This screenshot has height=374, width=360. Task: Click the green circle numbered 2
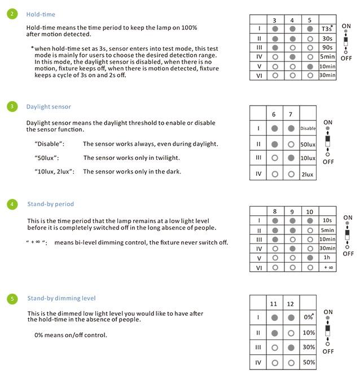pos(12,14)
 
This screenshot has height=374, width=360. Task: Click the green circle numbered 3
pos(12,106)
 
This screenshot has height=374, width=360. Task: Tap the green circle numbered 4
pos(12,204)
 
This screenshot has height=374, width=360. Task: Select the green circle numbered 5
pos(12,298)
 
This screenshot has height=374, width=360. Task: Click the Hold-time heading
pos(41,14)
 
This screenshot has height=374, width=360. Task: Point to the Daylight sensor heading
pos(49,106)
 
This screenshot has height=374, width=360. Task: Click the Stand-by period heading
pos(50,204)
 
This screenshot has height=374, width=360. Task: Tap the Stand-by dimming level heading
pos(62,298)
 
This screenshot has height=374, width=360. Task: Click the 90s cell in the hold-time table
pos(327,47)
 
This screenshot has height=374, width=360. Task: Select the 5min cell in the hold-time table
pos(327,56)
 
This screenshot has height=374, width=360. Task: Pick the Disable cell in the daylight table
pos(308,128)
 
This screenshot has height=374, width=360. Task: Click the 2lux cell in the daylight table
pos(308,175)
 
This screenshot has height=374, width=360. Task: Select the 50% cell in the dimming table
pos(308,362)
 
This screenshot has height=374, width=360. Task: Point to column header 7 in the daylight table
pos(291,115)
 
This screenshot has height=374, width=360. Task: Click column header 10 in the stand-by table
pos(309,212)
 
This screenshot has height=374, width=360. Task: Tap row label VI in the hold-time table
pos(259,75)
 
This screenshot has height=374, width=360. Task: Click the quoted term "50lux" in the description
pos(47,158)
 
